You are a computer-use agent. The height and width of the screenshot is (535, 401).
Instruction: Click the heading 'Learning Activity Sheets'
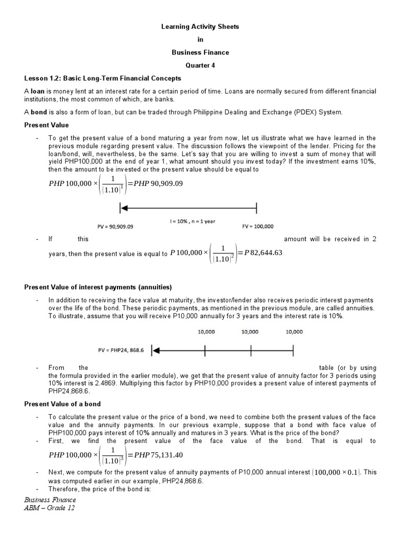pyautogui.click(x=200, y=27)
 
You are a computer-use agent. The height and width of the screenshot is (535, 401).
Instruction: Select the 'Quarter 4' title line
pyautogui.click(x=200, y=65)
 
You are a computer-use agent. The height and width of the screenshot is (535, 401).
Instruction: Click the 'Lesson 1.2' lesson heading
pyautogui.click(x=102, y=78)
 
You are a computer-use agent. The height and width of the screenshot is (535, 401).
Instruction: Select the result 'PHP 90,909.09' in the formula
pyautogui.click(x=155, y=183)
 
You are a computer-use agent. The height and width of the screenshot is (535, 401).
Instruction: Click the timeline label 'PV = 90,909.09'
pyautogui.click(x=115, y=227)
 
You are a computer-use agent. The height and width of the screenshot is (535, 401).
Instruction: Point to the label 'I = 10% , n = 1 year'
pyautogui.click(x=192, y=221)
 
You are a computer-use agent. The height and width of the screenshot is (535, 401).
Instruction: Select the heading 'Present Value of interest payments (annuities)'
pyautogui.click(x=98, y=287)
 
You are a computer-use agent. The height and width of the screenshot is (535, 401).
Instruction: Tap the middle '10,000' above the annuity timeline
pyautogui.click(x=250, y=332)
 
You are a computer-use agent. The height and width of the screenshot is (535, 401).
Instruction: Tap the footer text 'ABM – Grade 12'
pyautogui.click(x=50, y=508)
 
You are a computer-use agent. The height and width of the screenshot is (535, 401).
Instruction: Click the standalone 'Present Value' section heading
pyautogui.click(x=46, y=125)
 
